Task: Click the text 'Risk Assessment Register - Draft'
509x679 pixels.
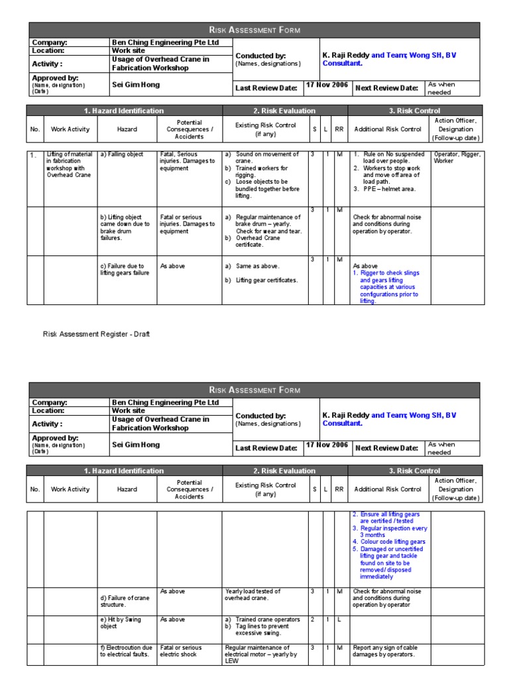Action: click(x=96, y=334)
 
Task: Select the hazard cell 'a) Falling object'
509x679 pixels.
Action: click(x=122, y=154)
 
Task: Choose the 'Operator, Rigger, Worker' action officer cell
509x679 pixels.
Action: click(x=457, y=158)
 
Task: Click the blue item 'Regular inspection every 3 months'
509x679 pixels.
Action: click(x=394, y=532)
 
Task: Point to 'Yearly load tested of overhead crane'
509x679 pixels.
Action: click(x=253, y=595)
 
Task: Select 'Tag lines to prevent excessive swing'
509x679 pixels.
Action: click(x=262, y=629)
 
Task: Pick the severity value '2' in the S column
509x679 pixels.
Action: click(x=312, y=619)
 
